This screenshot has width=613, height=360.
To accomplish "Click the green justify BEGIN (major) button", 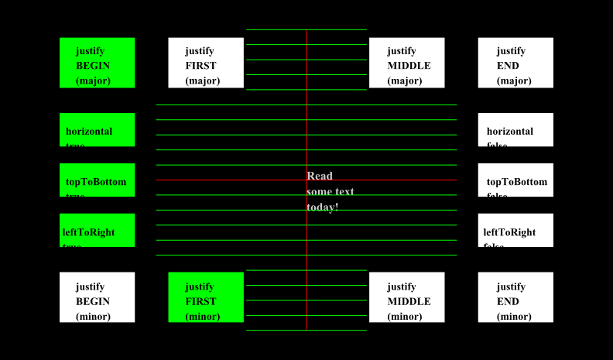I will [x=97, y=63].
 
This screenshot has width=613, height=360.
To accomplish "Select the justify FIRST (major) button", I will [x=206, y=63].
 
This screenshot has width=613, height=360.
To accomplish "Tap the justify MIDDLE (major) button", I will [x=406, y=63].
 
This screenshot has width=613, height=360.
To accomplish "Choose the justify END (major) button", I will [x=515, y=63].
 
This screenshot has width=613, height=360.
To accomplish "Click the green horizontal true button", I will [x=97, y=129].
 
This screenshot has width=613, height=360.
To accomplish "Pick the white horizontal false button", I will [x=515, y=129].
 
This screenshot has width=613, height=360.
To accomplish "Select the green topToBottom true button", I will [x=97, y=180].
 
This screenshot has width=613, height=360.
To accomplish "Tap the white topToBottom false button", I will [x=515, y=180].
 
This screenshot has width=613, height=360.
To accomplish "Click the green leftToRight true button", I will [x=97, y=230].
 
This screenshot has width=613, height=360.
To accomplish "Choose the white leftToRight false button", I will [x=515, y=230].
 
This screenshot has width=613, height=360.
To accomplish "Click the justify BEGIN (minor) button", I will [x=97, y=297].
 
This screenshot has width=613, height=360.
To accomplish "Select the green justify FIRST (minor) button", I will [x=206, y=297].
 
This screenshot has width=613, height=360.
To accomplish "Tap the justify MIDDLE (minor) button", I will [x=406, y=297].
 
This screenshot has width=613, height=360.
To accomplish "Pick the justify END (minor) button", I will [x=515, y=297].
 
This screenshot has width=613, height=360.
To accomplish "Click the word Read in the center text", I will [x=320, y=176].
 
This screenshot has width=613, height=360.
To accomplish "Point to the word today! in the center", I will [x=323, y=207].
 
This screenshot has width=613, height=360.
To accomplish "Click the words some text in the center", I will [x=330, y=191].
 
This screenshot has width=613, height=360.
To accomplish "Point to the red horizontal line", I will [x=232, y=180].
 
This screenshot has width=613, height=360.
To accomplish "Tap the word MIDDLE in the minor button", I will [x=409, y=301].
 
